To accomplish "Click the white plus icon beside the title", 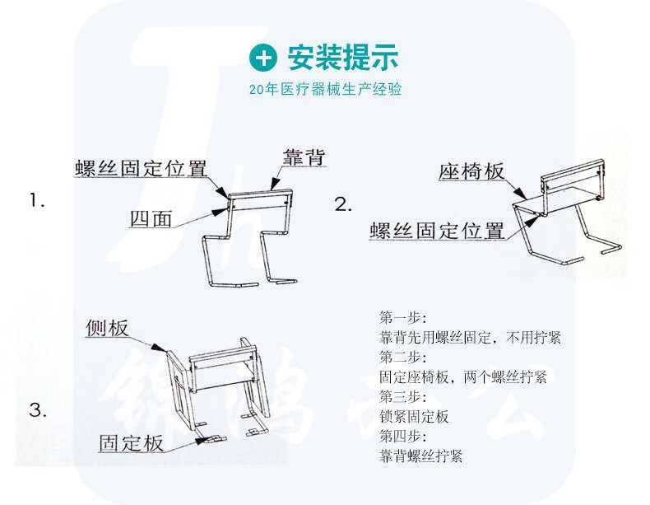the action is pos(263,58).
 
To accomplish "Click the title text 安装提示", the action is pos(343,57).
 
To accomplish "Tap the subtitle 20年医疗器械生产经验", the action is pos(326,89).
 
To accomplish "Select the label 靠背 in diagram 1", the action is pos(304,157).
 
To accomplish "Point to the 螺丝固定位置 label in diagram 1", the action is pos(141,168).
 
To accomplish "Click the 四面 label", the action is pos(151,218).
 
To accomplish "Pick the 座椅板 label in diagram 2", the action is pos(471,171).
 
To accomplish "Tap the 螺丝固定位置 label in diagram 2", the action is pos(437,231).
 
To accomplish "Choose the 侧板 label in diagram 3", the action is pos(107,328).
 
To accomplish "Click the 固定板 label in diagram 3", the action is pos(131,442).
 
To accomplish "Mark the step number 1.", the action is pos(37,201).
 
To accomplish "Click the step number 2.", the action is pos(343,204).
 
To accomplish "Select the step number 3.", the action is pos(38,410).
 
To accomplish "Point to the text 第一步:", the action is pos(403,317).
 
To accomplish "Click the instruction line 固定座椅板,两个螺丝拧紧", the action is pos(463,376).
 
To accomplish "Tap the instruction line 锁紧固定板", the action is pos(414,416).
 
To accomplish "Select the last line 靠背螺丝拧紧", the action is pos(420,456).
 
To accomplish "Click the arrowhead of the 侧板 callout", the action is pos(157,348).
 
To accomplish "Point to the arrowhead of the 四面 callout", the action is pos(219,211).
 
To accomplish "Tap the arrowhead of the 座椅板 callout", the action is pos(521,193).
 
